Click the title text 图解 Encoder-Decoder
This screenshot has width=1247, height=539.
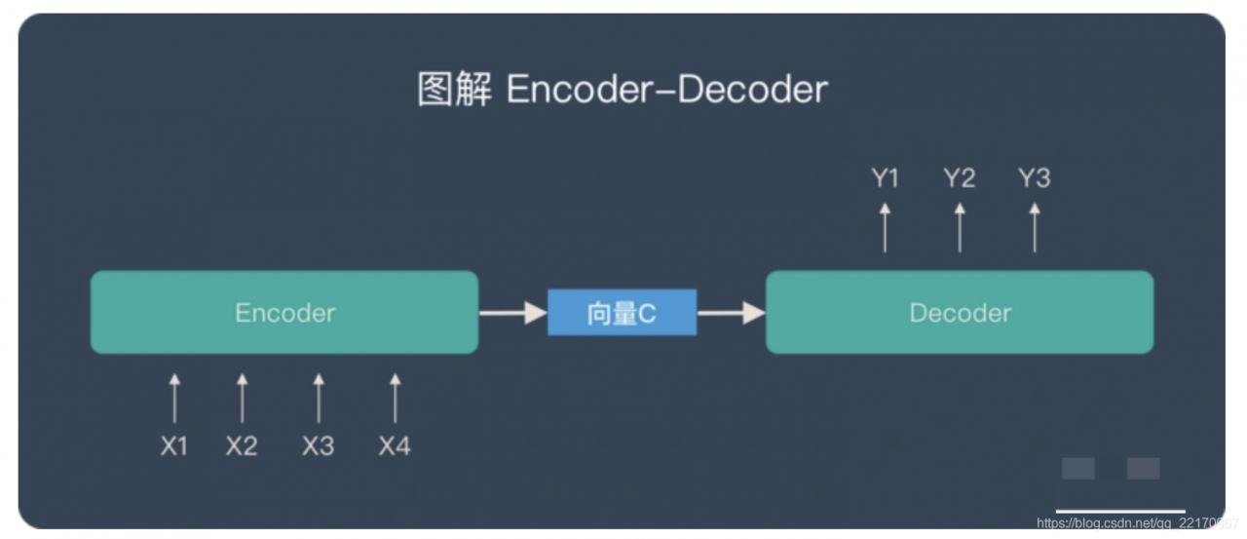623,90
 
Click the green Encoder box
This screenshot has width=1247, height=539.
284,312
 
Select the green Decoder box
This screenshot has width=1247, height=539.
960,312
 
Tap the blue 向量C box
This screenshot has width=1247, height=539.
622,313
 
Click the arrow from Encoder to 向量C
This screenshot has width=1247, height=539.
512,313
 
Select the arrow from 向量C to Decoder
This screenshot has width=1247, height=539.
732,313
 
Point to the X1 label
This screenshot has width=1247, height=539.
174,446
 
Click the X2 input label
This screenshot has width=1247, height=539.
242,446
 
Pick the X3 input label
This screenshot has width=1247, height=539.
318,446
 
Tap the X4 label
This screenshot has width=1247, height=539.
395,446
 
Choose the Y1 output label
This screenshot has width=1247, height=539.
885,178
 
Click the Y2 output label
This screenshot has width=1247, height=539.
959,178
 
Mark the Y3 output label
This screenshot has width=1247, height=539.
1034,178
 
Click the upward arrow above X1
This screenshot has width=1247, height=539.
174,398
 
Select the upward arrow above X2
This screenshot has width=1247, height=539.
242,398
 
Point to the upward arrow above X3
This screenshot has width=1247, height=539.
318,398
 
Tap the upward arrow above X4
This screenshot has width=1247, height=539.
395,398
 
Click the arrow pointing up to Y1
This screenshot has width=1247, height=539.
885,227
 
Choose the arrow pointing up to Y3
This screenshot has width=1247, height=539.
1034,227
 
